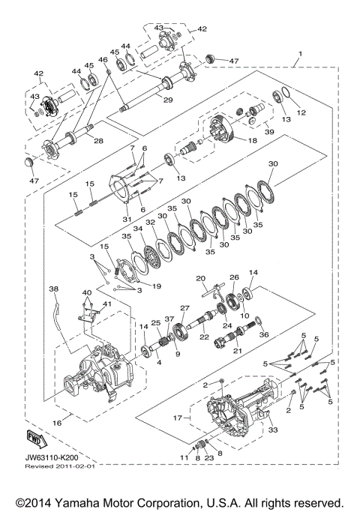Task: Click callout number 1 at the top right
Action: (300, 54)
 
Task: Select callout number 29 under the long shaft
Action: (168, 100)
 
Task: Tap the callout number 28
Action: (95, 139)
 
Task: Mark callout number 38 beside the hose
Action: (53, 288)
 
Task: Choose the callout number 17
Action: (178, 417)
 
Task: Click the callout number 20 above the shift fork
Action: (201, 278)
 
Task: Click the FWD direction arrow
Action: (34, 436)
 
